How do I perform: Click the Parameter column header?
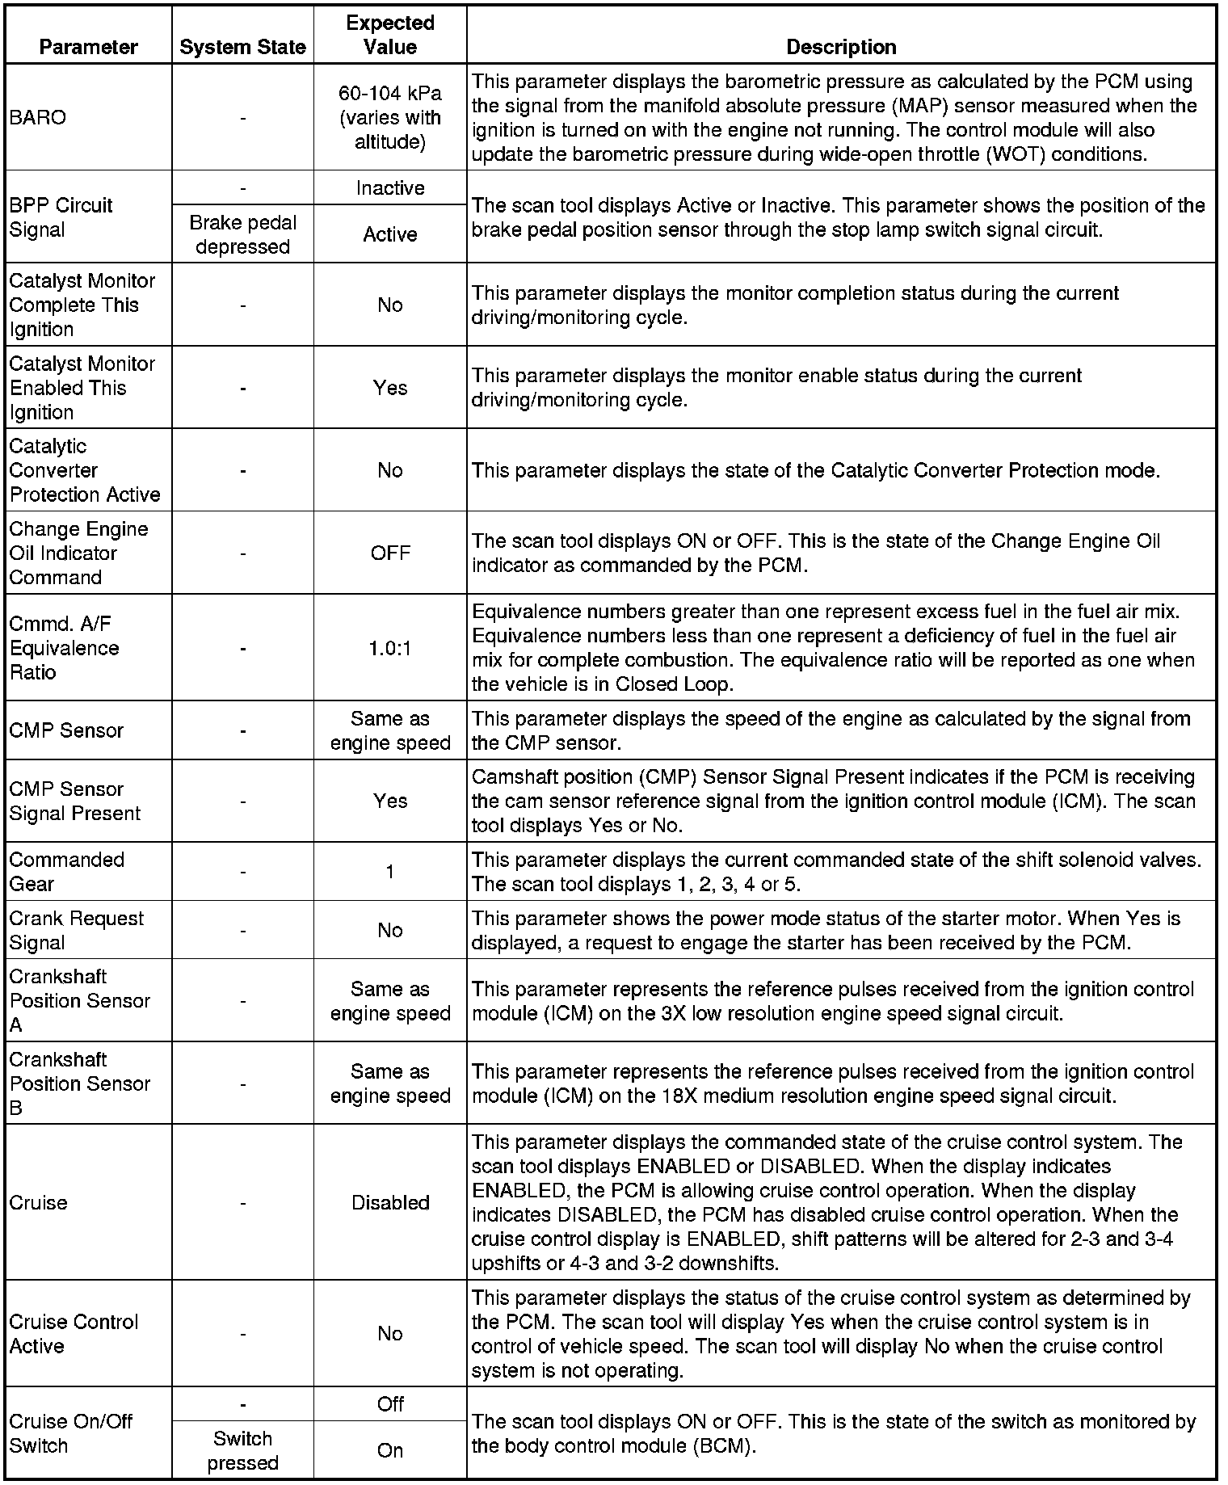pyautogui.click(x=88, y=47)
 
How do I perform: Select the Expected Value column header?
pyautogui.click(x=390, y=35)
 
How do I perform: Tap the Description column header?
pyautogui.click(x=841, y=47)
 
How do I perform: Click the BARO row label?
pyautogui.click(x=37, y=117)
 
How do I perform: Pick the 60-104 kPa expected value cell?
pyautogui.click(x=390, y=117)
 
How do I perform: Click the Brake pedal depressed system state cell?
pyautogui.click(x=242, y=234)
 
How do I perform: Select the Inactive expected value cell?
pyautogui.click(x=390, y=188)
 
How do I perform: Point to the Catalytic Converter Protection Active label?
pyautogui.click(x=85, y=470)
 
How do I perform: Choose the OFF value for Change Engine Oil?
pyautogui.click(x=390, y=553)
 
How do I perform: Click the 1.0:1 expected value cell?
pyautogui.click(x=390, y=649)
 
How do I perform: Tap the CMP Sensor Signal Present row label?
pyautogui.click(x=75, y=801)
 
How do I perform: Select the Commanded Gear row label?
pyautogui.click(x=66, y=872)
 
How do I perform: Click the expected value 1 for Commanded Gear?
pyautogui.click(x=390, y=872)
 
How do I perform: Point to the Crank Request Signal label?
pyautogui.click(x=76, y=930)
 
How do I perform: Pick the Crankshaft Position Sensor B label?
pyautogui.click(x=79, y=1083)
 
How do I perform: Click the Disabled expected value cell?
pyautogui.click(x=390, y=1202)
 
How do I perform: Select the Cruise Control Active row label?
pyautogui.click(x=74, y=1334)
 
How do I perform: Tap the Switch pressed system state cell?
pyautogui.click(x=242, y=1450)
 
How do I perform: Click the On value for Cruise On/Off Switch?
pyautogui.click(x=390, y=1450)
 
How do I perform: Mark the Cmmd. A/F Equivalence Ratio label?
pyautogui.click(x=64, y=648)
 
